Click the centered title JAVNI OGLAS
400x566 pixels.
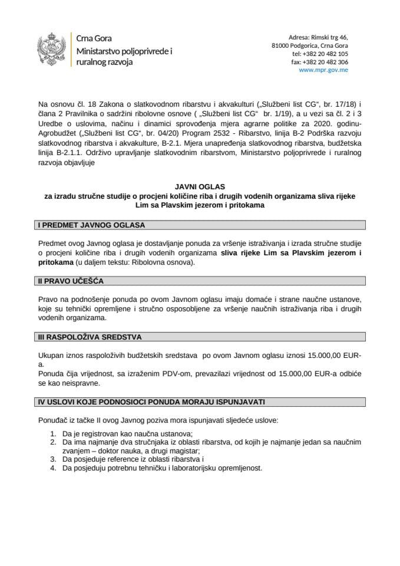coord(200,186)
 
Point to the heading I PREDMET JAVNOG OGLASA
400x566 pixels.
coord(91,225)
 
